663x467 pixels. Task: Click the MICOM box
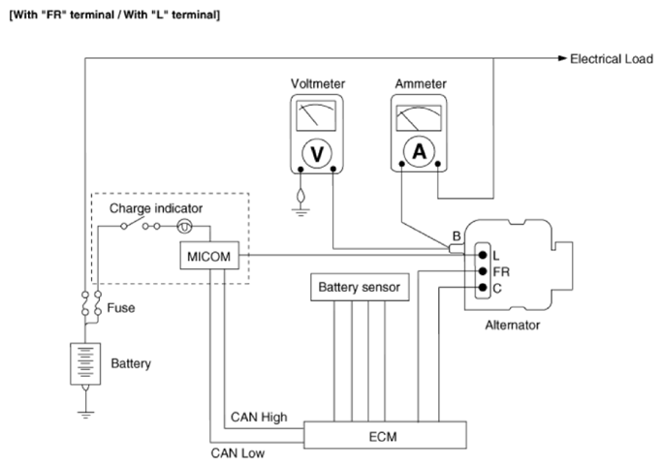click(x=209, y=255)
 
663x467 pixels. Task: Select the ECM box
click(x=385, y=435)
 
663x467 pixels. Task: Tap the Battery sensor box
click(x=360, y=288)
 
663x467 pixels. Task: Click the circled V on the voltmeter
click(x=317, y=153)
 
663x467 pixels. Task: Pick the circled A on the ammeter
click(x=419, y=151)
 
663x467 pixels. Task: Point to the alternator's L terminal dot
click(x=483, y=255)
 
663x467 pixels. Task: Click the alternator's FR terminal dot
click(x=483, y=271)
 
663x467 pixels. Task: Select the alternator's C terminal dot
click(x=483, y=288)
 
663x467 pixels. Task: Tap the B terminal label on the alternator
click(x=457, y=235)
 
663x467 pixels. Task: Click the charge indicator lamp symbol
click(x=184, y=227)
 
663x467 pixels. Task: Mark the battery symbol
click(x=85, y=363)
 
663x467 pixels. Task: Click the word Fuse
click(x=121, y=308)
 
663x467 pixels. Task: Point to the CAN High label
click(x=259, y=418)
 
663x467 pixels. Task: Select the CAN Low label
click(x=237, y=453)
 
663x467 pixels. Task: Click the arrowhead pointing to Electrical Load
click(x=562, y=58)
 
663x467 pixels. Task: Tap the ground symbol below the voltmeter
click(x=300, y=210)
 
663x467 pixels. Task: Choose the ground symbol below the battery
click(x=86, y=414)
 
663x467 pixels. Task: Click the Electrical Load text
click(x=612, y=59)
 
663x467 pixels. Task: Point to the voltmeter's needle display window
click(x=316, y=115)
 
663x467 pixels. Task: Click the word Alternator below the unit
click(x=513, y=325)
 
